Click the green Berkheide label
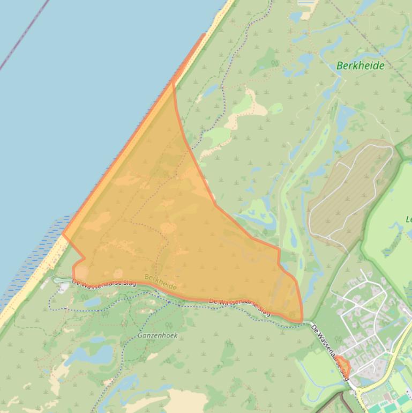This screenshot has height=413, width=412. tap(360, 66)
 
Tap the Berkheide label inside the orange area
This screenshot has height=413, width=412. tap(160, 283)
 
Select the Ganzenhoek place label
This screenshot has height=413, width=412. tap(157, 335)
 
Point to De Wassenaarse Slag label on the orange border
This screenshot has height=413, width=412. tap(239, 307)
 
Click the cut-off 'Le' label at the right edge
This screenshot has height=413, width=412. tap(408, 219)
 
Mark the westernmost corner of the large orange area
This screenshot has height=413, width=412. tap(63, 234)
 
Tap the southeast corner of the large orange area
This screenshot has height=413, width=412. tap(301, 321)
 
